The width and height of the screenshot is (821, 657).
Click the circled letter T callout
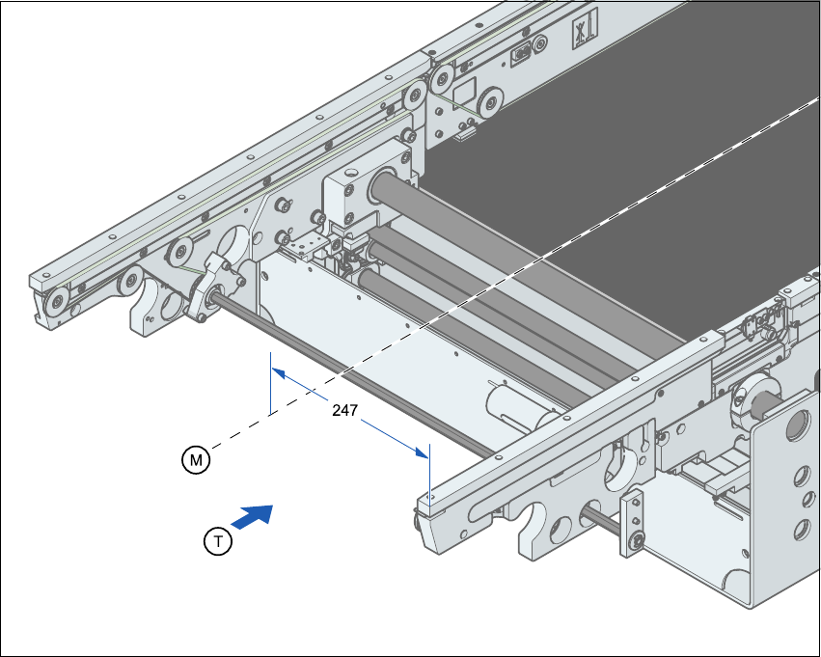coord(219,542)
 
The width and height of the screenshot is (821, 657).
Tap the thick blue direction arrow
coord(254,517)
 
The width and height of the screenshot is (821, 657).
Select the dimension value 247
coord(345,410)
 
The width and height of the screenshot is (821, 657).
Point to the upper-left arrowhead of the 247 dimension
coord(278,371)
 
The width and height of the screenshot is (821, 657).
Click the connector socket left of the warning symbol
coord(521,52)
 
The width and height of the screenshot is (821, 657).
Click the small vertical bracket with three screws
coord(633,523)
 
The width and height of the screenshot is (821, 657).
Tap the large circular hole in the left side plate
coord(236,243)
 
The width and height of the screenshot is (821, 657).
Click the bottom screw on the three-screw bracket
coord(636,545)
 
